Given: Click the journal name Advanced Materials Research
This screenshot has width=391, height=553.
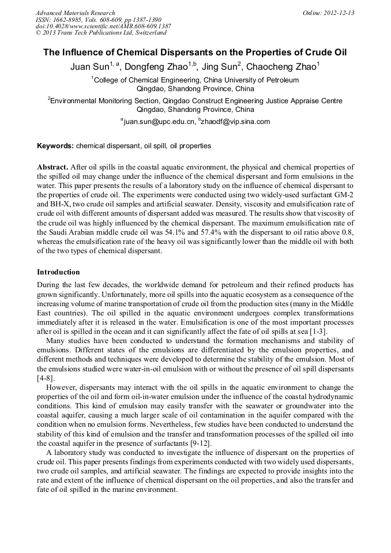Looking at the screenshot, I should coord(75,13).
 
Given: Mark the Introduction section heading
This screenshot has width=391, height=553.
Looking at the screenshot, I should coord(58,272).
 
